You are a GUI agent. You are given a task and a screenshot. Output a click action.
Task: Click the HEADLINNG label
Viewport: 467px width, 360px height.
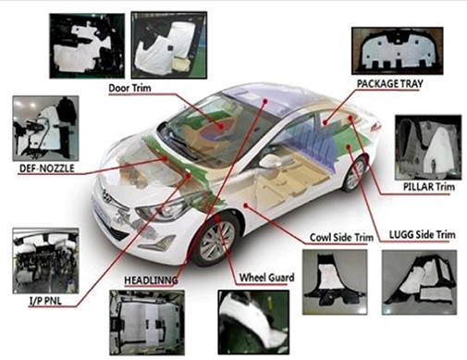tap(151, 279)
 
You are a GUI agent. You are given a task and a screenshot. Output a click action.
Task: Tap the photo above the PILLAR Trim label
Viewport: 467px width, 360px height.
tap(427, 147)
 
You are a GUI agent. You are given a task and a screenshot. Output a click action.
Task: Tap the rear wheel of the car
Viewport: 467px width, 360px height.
tap(354, 174)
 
